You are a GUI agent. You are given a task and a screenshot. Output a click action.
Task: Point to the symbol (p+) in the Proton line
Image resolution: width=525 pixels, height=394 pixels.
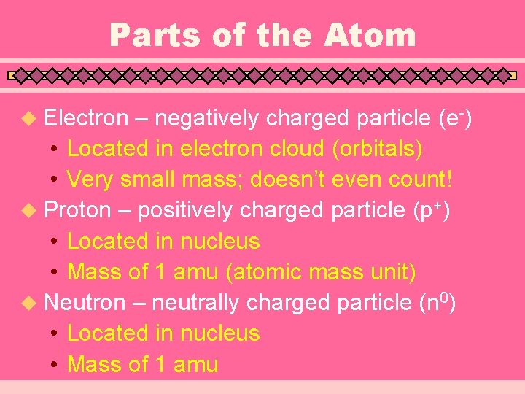coord(431,210)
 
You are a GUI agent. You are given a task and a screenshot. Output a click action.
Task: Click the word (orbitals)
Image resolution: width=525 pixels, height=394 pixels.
coord(377,149)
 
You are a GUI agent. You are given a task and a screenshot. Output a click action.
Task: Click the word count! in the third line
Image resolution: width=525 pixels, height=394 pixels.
coord(412,179)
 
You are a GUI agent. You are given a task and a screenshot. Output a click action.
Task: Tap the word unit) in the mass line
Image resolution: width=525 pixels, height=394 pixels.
coord(394,272)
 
